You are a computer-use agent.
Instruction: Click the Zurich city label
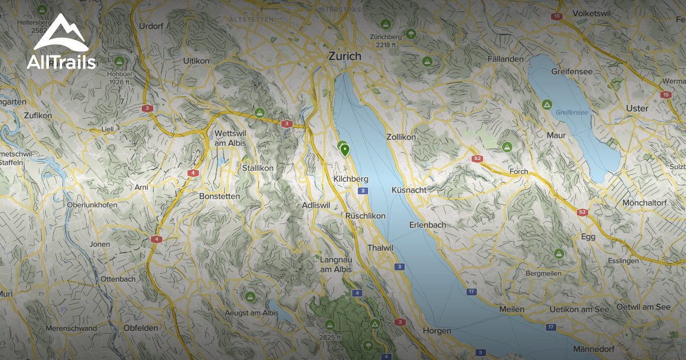345,56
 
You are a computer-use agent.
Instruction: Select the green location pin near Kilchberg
345,150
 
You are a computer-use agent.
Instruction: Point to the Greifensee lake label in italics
571,113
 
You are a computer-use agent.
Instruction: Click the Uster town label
637,108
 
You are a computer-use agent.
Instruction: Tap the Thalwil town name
381,247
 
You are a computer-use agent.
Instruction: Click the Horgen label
437,330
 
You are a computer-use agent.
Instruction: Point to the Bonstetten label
220,196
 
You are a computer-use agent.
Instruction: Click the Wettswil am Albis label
230,137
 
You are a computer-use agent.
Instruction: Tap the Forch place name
519,171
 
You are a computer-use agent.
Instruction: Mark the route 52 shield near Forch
477,158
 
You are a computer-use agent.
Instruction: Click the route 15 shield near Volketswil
557,16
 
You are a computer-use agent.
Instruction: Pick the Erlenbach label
427,225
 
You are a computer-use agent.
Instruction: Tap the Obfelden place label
141,328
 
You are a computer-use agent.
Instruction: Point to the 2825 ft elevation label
330,337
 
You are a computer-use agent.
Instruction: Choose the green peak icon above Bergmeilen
559,254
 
